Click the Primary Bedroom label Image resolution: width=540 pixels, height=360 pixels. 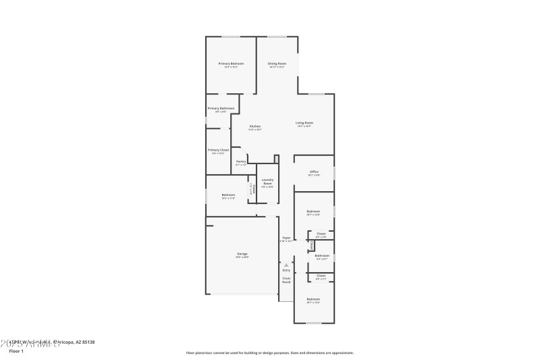click(x=231, y=63)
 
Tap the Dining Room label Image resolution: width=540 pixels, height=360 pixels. click(x=277, y=63)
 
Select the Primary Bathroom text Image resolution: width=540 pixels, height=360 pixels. click(x=221, y=108)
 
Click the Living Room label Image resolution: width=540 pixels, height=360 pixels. click(x=304, y=123)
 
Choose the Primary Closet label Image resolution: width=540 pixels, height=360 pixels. click(x=218, y=150)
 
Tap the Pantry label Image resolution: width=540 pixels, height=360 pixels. click(x=241, y=161)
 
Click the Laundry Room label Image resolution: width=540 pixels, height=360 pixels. click(x=267, y=182)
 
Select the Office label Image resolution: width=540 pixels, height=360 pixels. click(x=314, y=172)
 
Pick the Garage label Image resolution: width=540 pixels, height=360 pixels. click(x=242, y=254)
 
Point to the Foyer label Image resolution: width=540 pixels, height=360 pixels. click(x=286, y=238)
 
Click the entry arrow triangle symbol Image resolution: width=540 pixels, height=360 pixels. click(x=286, y=265)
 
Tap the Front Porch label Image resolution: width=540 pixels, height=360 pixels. click(x=286, y=279)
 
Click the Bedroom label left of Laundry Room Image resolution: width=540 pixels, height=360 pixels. click(x=228, y=195)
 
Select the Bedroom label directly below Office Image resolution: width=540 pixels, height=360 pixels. click(x=313, y=211)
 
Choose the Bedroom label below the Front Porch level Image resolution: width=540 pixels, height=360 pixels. click(x=313, y=299)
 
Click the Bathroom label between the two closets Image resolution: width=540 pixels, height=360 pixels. click(x=321, y=255)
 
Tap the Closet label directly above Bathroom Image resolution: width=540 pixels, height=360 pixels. click(x=321, y=234)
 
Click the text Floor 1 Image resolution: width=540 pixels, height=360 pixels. click(x=16, y=351)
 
